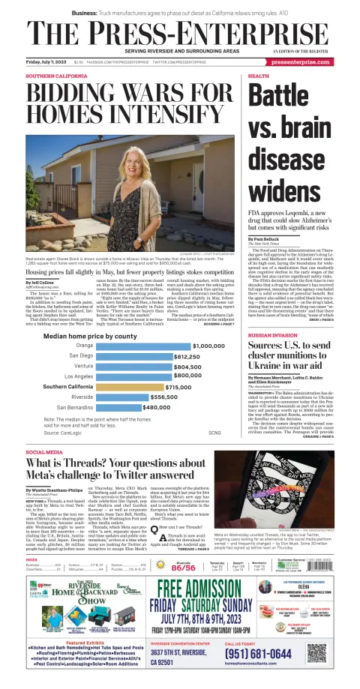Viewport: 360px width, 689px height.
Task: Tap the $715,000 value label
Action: (179, 366)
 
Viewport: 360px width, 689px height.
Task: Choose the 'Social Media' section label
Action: (44, 453)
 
